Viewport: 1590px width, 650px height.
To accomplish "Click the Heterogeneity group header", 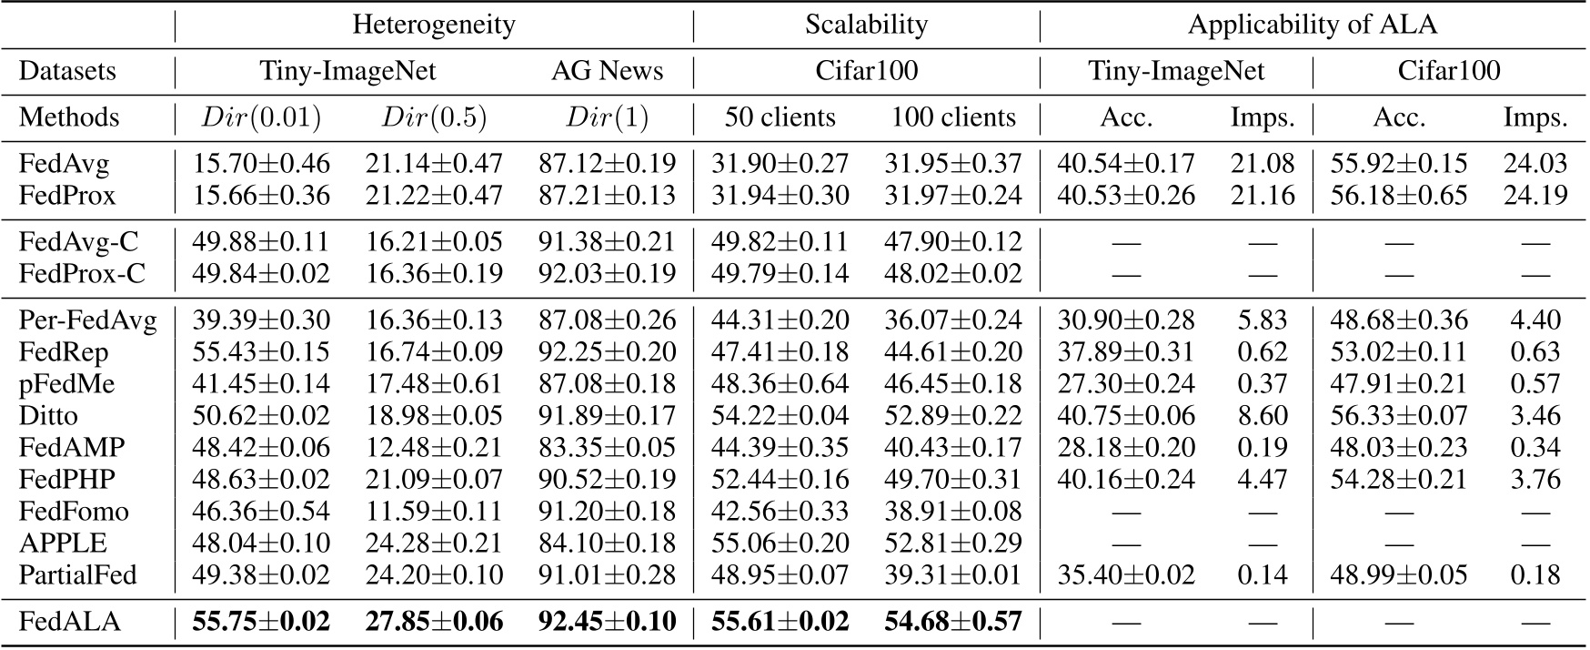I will pyautogui.click(x=434, y=25).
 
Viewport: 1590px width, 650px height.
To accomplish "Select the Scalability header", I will pyautogui.click(x=866, y=25).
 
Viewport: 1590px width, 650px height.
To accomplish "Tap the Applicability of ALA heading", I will pyautogui.click(x=1312, y=25).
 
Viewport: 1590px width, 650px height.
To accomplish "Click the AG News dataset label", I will pyautogui.click(x=607, y=71).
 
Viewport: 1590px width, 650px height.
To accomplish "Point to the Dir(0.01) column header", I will pyautogui.click(x=261, y=117).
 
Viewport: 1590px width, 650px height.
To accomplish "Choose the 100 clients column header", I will pyautogui.click(x=952, y=117).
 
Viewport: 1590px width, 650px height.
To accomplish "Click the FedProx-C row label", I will pyautogui.click(x=82, y=273).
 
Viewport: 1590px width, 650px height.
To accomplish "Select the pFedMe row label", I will pyautogui.click(x=66, y=383).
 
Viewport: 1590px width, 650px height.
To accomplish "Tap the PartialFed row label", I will pyautogui.click(x=77, y=574).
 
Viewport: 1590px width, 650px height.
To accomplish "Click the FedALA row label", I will pyautogui.click(x=69, y=622).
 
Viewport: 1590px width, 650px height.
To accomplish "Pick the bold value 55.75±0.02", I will pyautogui.click(x=261, y=622).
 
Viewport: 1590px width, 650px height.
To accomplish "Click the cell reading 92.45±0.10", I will pyautogui.click(x=607, y=622).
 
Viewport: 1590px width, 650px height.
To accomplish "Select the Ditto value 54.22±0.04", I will pyautogui.click(x=780, y=415).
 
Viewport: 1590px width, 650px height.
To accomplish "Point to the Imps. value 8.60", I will pyautogui.click(x=1262, y=415).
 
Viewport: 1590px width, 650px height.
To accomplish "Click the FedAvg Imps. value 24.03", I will pyautogui.click(x=1535, y=164).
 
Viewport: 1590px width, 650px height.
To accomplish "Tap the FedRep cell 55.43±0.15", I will pyautogui.click(x=261, y=351).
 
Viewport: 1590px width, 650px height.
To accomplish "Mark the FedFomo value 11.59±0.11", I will pyautogui.click(x=434, y=511).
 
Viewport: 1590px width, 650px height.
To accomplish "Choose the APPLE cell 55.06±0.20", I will pyautogui.click(x=780, y=543).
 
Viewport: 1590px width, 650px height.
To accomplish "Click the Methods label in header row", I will pyautogui.click(x=69, y=117).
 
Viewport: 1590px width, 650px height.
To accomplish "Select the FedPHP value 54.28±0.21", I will pyautogui.click(x=1398, y=479).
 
